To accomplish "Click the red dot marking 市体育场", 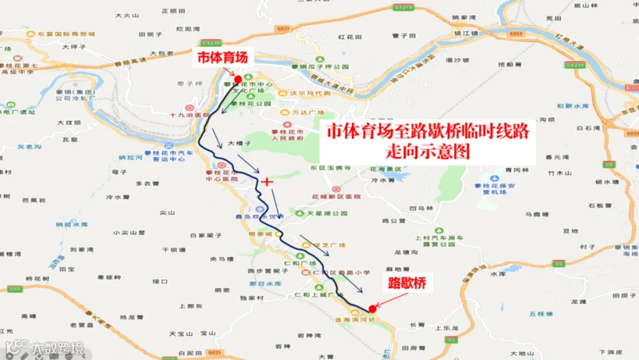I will pos(238,78).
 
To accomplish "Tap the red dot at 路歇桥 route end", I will pos(373,309).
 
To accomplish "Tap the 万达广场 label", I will pos(307,113).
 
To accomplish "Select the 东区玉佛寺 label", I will pos(327,168).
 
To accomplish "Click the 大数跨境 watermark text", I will pos(56,348).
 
